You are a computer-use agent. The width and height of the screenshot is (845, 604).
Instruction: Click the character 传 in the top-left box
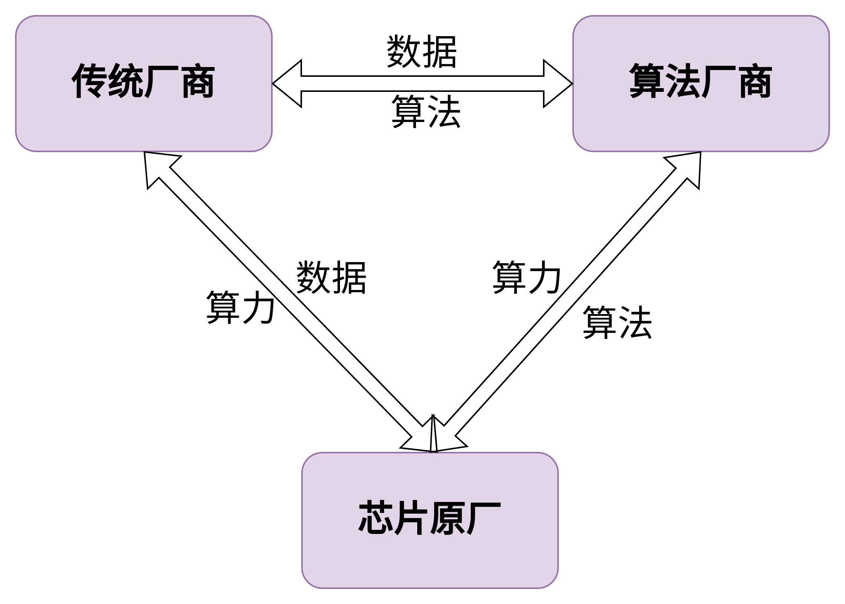point(89,81)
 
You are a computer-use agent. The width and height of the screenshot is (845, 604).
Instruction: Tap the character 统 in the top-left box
point(125,81)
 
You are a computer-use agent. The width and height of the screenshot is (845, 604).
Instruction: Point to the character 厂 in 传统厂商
point(161,81)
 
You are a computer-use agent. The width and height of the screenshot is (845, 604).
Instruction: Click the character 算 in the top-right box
point(647,81)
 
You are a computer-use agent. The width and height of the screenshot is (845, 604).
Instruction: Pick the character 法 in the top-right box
point(683,81)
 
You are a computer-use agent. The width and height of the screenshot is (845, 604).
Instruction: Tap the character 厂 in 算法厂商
point(718,81)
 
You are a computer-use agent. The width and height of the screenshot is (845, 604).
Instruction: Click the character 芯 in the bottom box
point(375,518)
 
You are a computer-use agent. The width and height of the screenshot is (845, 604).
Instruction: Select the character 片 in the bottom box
point(411,518)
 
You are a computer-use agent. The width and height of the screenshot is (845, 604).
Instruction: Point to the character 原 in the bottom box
point(447,518)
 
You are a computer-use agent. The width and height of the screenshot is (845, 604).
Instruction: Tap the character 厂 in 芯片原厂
point(484,518)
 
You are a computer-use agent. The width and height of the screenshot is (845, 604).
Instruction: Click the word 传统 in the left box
point(107,81)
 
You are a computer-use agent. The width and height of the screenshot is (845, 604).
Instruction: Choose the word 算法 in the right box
point(665,81)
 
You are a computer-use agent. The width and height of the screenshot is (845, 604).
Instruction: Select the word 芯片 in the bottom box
point(393,518)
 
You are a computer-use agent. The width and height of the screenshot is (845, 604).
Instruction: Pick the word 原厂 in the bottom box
point(465,518)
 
